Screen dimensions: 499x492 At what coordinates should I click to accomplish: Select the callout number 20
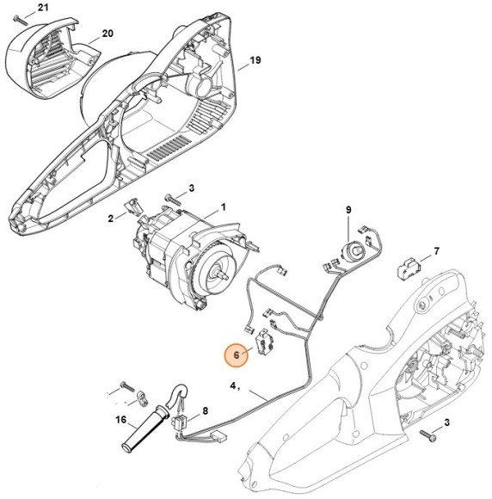[x=108, y=34]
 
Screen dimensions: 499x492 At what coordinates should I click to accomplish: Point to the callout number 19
[x=255, y=60]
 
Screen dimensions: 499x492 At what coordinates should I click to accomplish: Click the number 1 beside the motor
[x=224, y=206]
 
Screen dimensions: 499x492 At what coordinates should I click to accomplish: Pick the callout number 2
[x=111, y=218]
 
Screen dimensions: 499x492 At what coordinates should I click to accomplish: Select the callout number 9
[x=349, y=210]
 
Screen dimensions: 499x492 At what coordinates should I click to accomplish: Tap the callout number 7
[x=436, y=251]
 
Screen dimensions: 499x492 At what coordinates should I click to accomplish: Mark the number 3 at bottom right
[x=447, y=424]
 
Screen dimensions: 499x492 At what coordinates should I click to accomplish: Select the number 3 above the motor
[x=192, y=188]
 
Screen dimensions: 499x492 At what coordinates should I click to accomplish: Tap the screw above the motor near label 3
[x=175, y=197]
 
